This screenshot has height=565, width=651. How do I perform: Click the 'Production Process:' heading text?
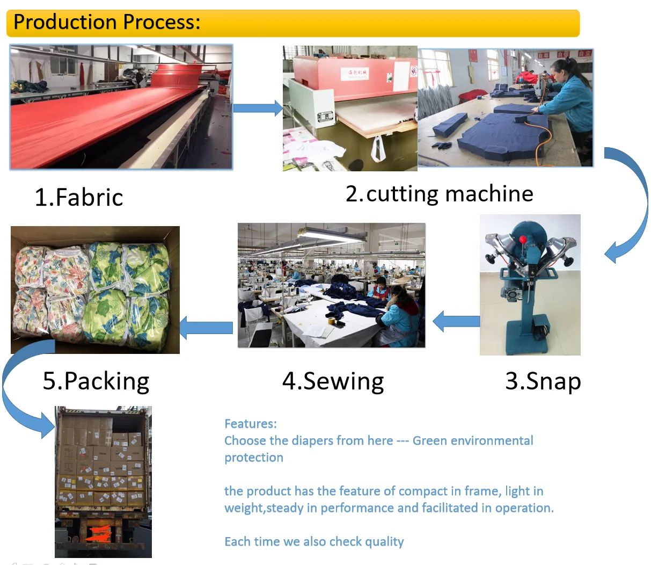click(x=107, y=22)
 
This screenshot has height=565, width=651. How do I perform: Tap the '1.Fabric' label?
click(x=79, y=197)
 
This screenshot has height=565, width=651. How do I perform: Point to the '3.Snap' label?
click(x=543, y=381)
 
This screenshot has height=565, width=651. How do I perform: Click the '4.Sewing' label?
click(x=333, y=381)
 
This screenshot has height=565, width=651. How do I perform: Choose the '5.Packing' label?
click(x=96, y=381)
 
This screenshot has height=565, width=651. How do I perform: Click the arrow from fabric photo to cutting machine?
click(x=258, y=108)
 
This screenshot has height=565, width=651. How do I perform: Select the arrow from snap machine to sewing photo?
click(x=456, y=321)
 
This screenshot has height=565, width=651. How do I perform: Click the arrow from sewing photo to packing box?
click(x=206, y=328)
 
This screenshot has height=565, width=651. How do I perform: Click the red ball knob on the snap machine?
click(x=522, y=239)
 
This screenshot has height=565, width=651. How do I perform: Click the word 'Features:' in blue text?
click(x=251, y=424)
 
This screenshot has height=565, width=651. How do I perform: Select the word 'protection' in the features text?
click(x=254, y=458)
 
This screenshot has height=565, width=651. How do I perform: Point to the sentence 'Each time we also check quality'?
click(x=314, y=541)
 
